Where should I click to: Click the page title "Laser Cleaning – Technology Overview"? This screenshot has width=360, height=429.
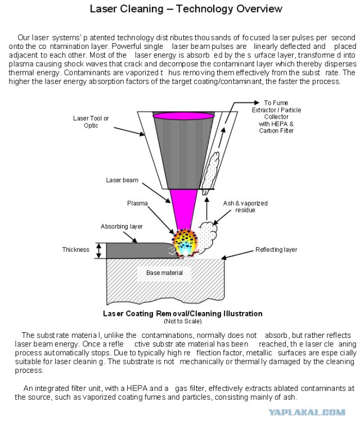pyautogui.click(x=186, y=9)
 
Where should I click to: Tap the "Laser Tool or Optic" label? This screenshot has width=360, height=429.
pyautogui.click(x=91, y=122)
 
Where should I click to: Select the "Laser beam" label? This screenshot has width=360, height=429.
pyautogui.click(x=122, y=180)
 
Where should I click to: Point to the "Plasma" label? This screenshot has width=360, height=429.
pyautogui.click(x=137, y=204)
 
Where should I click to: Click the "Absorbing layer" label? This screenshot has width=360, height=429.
pyautogui.click(x=121, y=227)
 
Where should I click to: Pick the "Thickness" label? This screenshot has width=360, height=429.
pyautogui.click(x=76, y=250)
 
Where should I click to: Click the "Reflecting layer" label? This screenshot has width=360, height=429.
pyautogui.click(x=276, y=250)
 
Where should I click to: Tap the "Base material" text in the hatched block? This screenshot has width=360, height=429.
pyautogui.click(x=164, y=273)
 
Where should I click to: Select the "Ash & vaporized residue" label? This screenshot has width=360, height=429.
pyautogui.click(x=245, y=206)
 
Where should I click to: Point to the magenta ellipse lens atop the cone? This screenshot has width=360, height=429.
pyautogui.click(x=184, y=116)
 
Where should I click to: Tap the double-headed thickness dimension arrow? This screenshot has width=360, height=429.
pyautogui.click(x=99, y=250)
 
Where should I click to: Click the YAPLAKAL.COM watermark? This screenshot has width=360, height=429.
pyautogui.click(x=307, y=412)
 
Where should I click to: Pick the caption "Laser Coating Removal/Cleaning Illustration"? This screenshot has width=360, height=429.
pyautogui.click(x=183, y=314)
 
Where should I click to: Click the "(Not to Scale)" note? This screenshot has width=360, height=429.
pyautogui.click(x=183, y=321)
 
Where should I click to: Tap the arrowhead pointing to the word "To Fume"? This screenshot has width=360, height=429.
pyautogui.click(x=256, y=102)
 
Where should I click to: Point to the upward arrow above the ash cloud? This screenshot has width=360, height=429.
pyautogui.click(x=207, y=209)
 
